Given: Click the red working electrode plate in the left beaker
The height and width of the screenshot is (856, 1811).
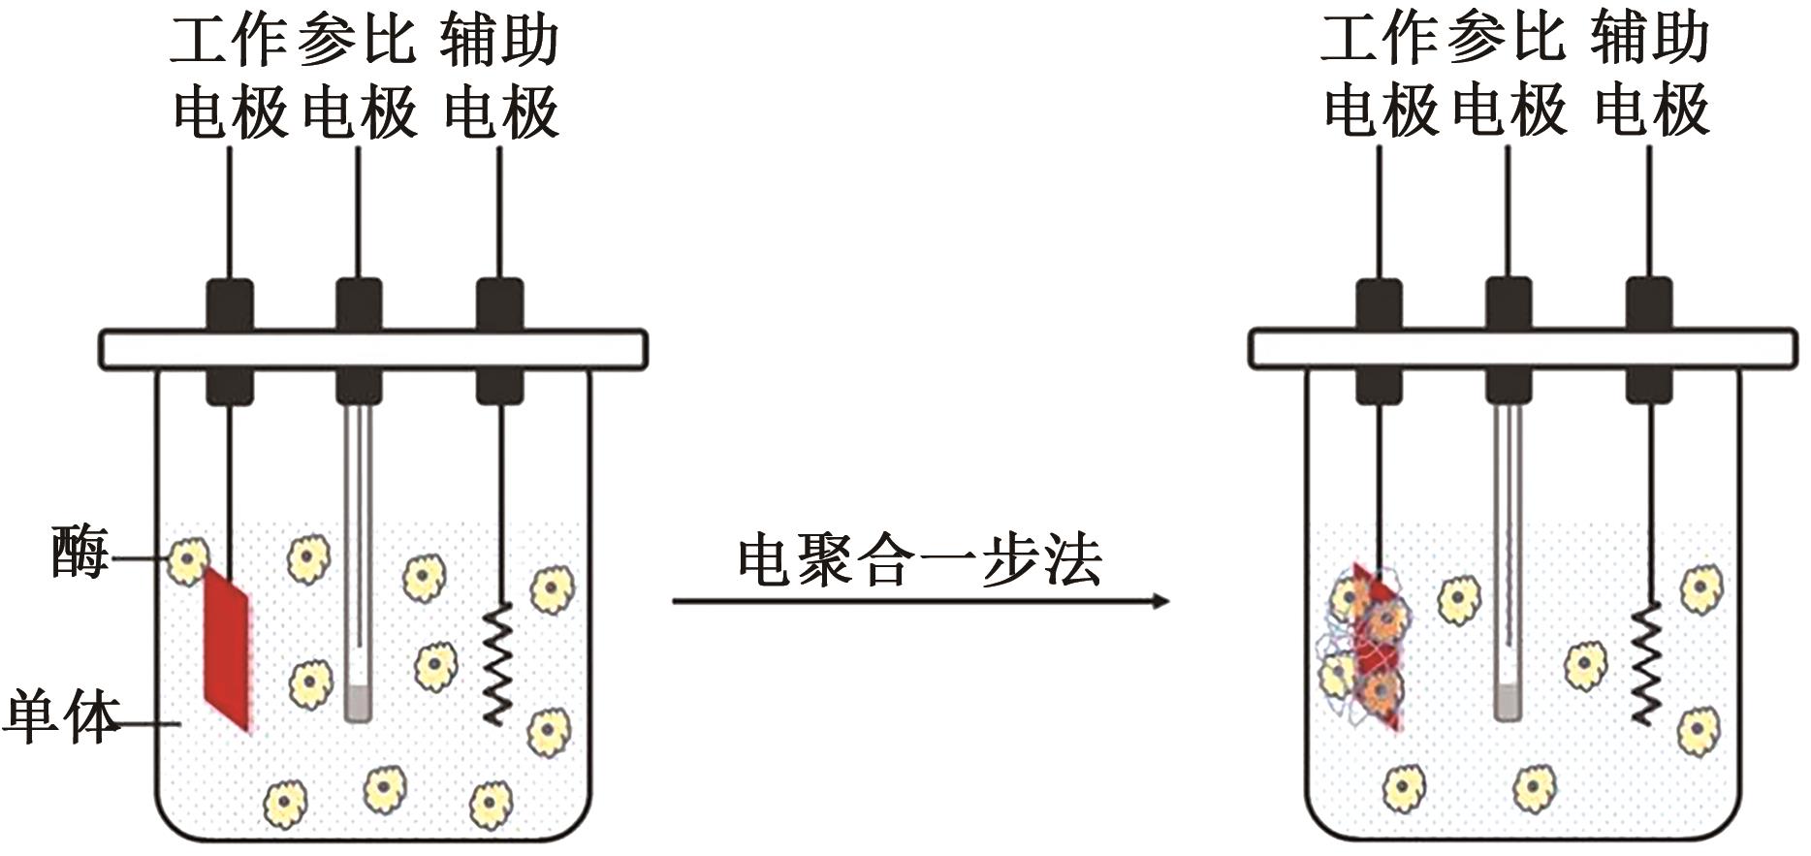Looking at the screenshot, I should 227,647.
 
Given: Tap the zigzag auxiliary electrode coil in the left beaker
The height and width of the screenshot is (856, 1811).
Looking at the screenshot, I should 497,663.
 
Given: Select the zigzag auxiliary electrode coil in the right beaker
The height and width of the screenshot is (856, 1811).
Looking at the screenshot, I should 1646,664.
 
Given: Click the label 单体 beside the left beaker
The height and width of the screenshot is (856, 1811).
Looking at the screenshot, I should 60,717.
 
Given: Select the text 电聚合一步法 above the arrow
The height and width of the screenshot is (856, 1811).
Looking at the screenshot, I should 919,560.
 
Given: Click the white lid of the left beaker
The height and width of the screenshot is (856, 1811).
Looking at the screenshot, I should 373,349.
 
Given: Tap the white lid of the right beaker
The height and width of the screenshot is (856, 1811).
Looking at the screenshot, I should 1522,349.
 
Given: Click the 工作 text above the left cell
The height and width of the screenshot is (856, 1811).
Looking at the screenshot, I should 229,41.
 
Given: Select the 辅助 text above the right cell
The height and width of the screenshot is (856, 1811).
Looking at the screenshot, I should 1649,41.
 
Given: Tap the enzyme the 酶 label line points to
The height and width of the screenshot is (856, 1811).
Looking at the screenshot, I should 187,560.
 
